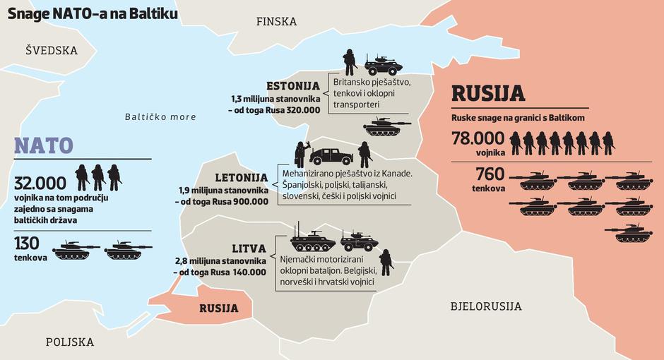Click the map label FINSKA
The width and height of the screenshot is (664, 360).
point(276,21)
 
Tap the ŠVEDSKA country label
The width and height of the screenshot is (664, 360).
point(51,51)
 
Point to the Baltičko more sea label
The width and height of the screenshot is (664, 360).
point(160,116)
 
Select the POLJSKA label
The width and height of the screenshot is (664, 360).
point(69,342)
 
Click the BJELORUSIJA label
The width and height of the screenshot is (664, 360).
point(486,306)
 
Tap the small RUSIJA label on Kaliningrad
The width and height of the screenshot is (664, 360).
point(218,308)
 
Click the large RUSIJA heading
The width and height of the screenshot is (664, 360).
point(487,94)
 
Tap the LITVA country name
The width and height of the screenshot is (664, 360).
point(249,248)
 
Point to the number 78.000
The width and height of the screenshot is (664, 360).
point(478,138)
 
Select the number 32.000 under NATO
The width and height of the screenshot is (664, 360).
point(40,184)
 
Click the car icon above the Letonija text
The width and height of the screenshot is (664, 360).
point(331,155)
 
